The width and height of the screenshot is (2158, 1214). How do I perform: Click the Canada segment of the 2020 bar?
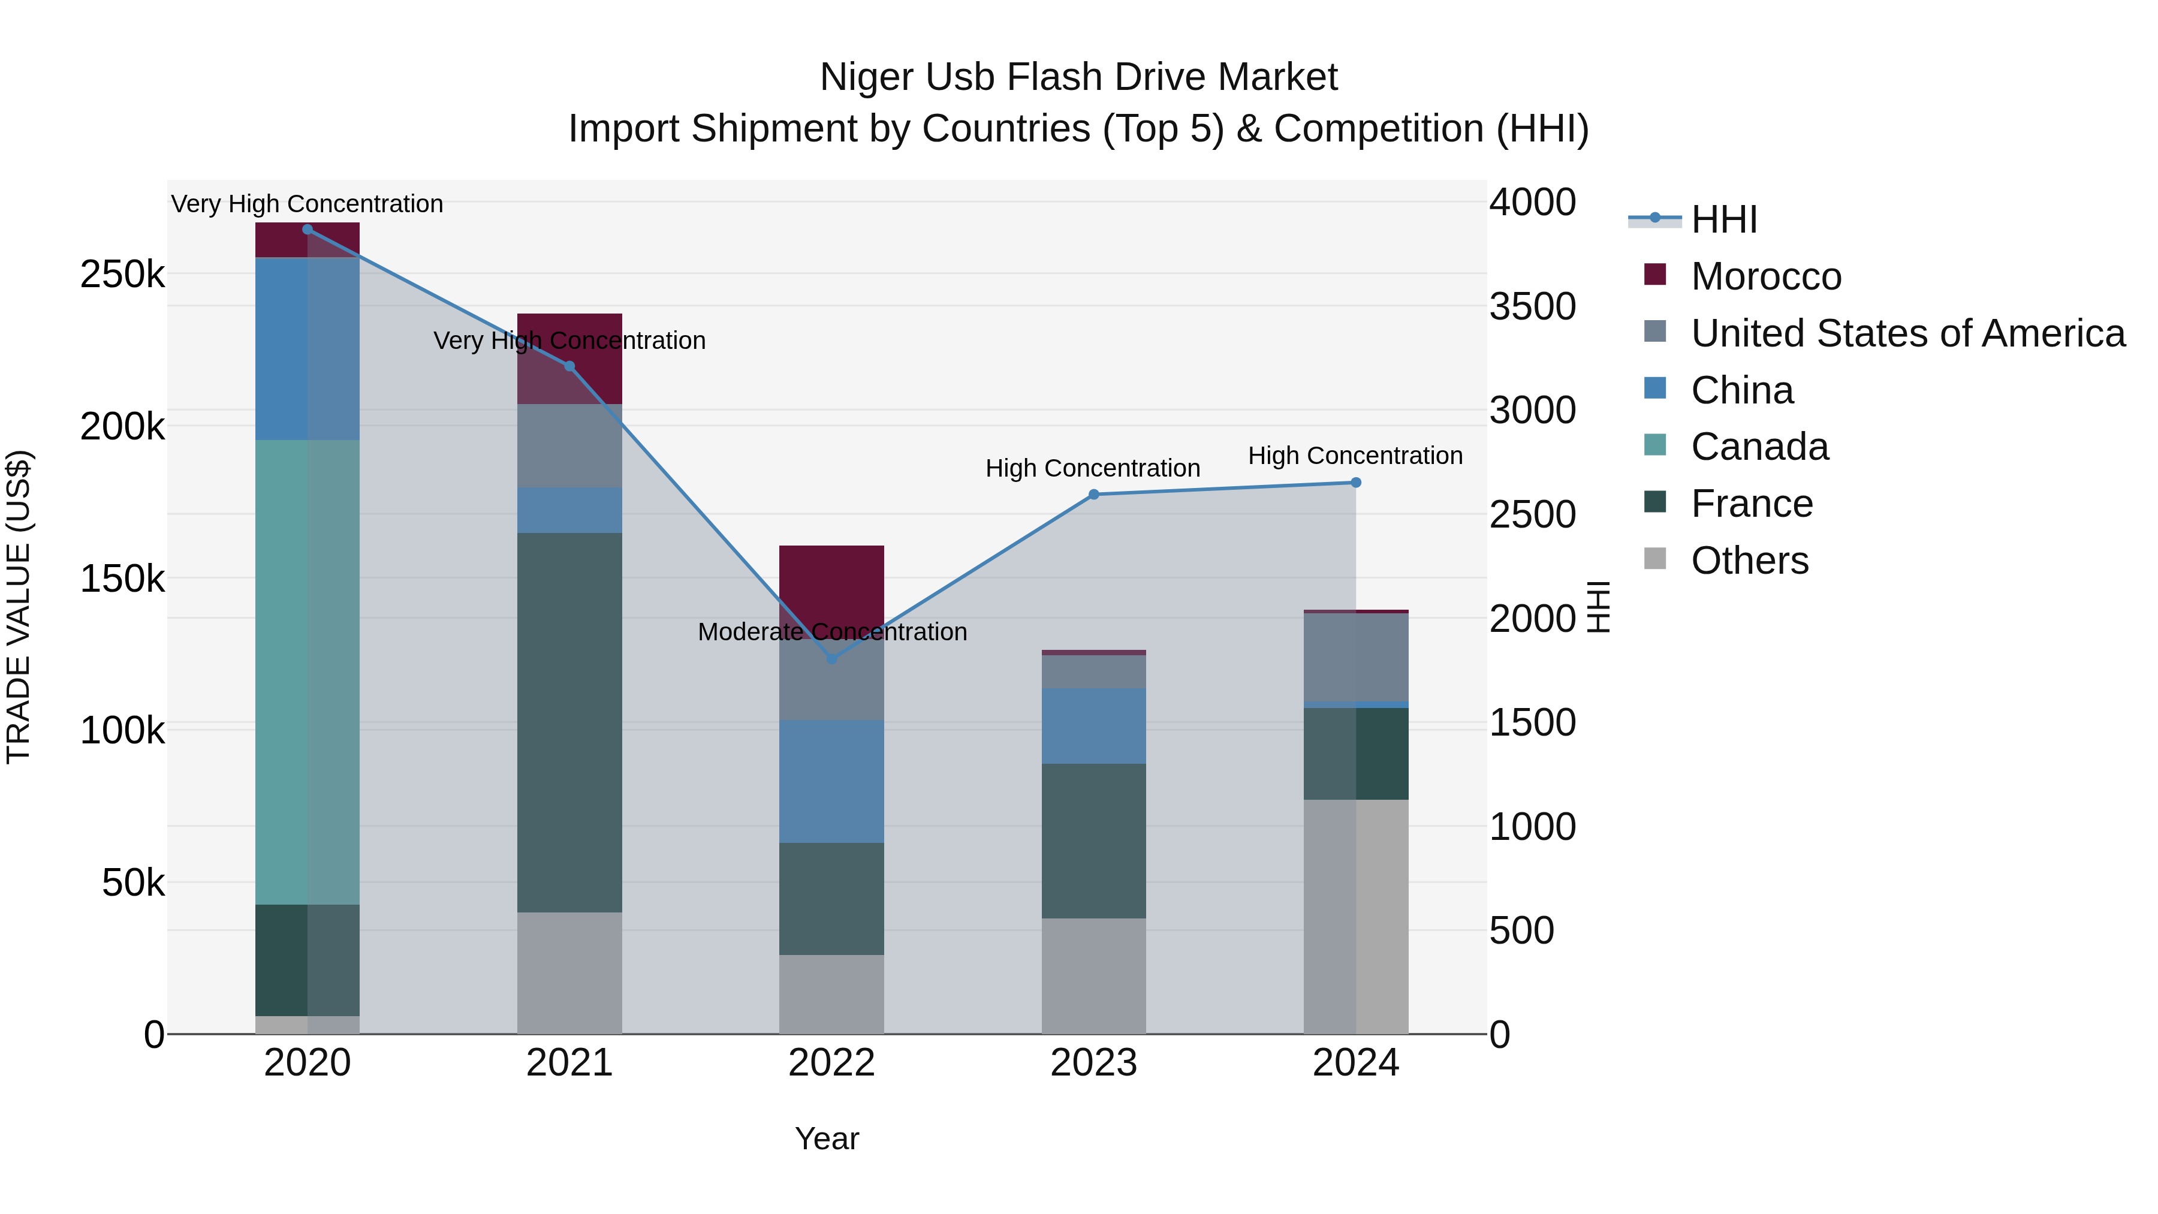coord(306,672)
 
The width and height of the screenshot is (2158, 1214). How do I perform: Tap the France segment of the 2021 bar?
coord(569,722)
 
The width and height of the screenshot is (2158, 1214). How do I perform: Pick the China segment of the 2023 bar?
coord(1093,725)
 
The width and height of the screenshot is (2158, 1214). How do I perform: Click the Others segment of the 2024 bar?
coord(1355,917)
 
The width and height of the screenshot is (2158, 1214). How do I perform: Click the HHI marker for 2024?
coord(1355,483)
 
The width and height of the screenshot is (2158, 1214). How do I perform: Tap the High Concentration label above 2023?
coord(1092,468)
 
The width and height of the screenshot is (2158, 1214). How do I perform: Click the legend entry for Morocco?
coord(1765,276)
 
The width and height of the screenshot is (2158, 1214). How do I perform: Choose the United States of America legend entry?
coord(1907,333)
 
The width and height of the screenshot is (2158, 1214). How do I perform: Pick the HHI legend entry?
coord(1723,219)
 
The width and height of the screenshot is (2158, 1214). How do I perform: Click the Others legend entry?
coord(1749,561)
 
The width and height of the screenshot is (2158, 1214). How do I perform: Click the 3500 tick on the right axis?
coord(1532,306)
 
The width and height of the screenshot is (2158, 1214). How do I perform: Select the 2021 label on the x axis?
coord(569,1063)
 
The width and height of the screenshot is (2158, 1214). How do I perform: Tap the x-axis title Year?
coord(826,1138)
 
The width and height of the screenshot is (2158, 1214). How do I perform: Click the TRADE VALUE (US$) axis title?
coord(19,607)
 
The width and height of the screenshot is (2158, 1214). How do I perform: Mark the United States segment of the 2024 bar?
coord(1355,658)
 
